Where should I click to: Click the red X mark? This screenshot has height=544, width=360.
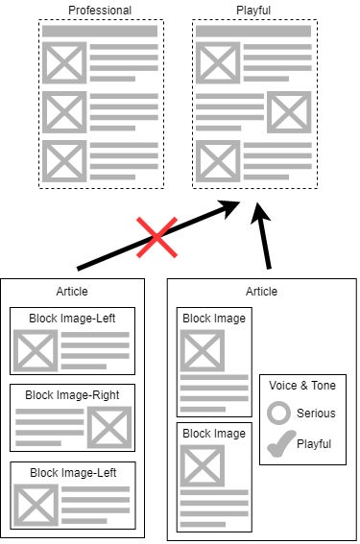[x=156, y=236]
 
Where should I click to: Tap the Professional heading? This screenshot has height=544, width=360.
[x=100, y=11]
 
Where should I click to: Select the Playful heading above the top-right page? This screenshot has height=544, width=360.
[x=253, y=11]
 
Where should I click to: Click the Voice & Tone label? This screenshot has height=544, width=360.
[x=302, y=384]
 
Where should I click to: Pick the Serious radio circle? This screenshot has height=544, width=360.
[x=278, y=414]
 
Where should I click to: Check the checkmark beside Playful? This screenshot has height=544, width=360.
[x=278, y=444]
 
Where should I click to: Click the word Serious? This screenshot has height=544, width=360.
[x=315, y=414]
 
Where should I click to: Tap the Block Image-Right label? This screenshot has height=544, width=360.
[x=72, y=393]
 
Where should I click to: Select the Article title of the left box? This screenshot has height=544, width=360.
[x=73, y=292]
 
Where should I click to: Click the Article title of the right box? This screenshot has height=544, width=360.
[x=261, y=292]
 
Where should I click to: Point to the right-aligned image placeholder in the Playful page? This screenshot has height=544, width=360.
[x=289, y=112]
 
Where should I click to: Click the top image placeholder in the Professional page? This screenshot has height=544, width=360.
[x=64, y=64]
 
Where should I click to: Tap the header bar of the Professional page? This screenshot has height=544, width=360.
[x=100, y=32]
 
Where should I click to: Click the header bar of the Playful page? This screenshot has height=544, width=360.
[x=253, y=32]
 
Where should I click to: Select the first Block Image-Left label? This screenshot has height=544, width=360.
[x=72, y=317]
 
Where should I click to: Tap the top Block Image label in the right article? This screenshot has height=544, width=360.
[x=214, y=319]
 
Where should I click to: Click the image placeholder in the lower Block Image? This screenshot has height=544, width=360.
[x=203, y=467]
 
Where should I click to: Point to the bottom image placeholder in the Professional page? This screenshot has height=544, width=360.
[x=64, y=160]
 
